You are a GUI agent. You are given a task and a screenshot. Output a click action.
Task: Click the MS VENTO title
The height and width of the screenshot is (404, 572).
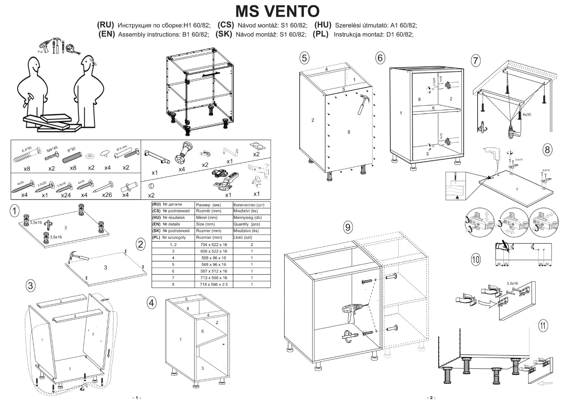coord(277,11)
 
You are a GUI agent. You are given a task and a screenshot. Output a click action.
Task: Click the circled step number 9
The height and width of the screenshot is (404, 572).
coord(348,227)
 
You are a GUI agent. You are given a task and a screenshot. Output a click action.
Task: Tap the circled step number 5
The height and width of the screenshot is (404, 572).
coord(304,58)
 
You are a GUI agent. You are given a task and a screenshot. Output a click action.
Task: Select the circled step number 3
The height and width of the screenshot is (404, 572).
coord(31,285)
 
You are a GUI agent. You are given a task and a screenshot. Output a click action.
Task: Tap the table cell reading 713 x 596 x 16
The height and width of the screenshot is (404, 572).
coord(213,278)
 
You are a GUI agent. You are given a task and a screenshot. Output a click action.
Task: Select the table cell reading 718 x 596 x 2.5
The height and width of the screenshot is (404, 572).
coord(213,284)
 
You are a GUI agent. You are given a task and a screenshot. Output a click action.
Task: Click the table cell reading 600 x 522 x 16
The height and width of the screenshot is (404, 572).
coord(213,251)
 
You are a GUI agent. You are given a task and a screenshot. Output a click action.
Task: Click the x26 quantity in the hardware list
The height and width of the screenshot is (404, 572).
coord(107,195)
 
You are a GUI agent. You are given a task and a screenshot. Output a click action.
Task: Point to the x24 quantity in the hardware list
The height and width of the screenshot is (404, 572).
coord(66,195)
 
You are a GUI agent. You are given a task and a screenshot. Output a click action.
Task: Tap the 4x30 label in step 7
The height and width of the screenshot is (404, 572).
coord(527,115)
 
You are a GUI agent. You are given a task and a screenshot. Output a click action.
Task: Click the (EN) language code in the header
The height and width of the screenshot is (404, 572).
coord(107,34)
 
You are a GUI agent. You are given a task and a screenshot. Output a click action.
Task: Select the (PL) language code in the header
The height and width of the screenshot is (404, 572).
coord(320,34)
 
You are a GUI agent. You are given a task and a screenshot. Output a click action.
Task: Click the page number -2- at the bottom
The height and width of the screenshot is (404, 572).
coord(431,398)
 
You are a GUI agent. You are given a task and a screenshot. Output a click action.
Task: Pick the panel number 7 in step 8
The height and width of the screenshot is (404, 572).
coord(517,189)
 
